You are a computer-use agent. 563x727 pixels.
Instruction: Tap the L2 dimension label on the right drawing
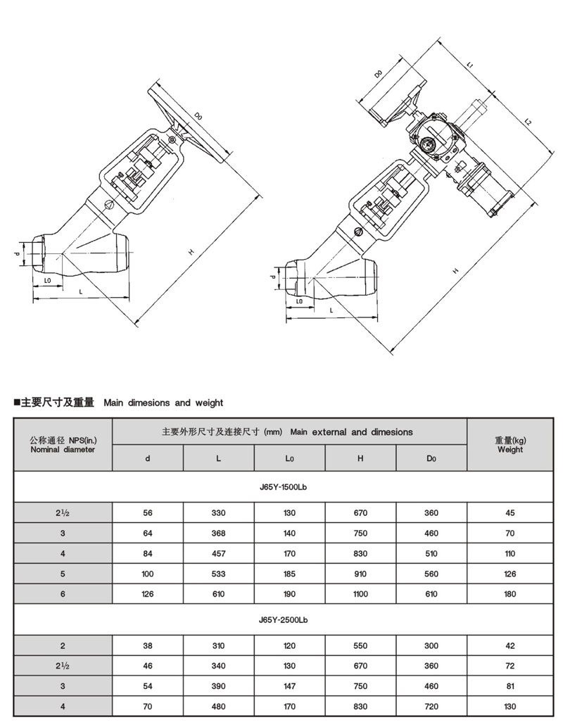click(527, 122)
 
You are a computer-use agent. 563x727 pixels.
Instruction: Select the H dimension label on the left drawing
click(191, 252)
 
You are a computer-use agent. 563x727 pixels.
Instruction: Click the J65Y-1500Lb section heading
click(284, 487)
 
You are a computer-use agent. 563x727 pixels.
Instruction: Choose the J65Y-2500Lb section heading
click(284, 620)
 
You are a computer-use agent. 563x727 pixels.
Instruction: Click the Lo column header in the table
click(289, 459)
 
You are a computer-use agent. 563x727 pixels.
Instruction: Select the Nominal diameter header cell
click(63, 445)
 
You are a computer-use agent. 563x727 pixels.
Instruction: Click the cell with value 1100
click(360, 594)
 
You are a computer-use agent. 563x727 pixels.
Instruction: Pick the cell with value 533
click(218, 574)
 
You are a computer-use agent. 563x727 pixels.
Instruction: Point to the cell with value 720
click(431, 707)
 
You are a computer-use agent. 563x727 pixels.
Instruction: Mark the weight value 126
click(510, 574)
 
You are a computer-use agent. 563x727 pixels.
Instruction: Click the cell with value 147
click(289, 686)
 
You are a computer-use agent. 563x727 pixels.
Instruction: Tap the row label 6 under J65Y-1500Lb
click(63, 594)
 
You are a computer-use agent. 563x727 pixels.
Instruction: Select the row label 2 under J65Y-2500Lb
click(63, 646)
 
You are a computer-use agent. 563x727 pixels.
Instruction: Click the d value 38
click(148, 646)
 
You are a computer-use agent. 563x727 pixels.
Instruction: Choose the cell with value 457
click(218, 554)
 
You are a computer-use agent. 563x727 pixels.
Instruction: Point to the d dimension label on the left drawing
click(17, 253)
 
